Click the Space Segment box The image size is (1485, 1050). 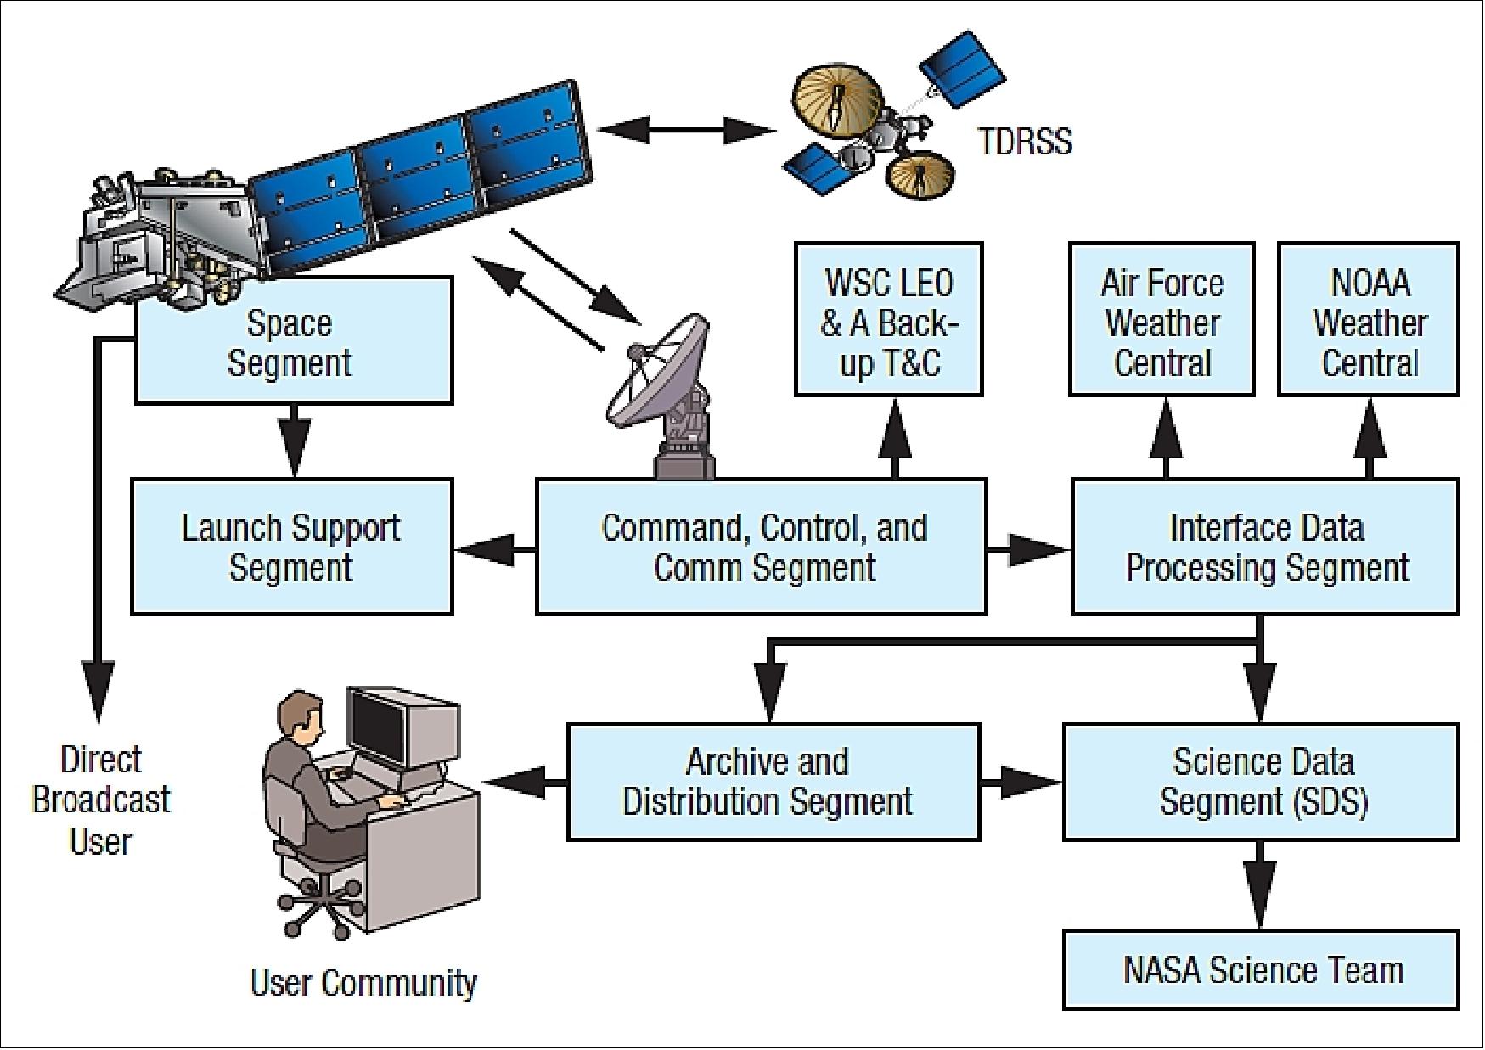click(293, 344)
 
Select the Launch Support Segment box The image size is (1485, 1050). click(291, 547)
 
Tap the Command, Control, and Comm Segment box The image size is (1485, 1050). click(762, 547)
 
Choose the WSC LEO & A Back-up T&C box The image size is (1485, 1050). click(888, 321)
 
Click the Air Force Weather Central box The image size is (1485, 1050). click(1162, 321)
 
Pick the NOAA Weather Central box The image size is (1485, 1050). click(1369, 321)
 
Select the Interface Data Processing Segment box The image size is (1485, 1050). click(1265, 547)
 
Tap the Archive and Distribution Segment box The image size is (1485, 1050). click(773, 782)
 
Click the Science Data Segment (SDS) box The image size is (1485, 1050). click(1262, 782)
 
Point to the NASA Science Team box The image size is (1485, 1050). click(1262, 970)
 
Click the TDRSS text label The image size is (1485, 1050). click(1025, 141)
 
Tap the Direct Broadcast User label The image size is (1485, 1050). click(101, 800)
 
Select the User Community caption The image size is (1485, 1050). click(363, 983)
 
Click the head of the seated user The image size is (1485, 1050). click(298, 713)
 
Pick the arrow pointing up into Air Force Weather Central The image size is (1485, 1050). click(1166, 436)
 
